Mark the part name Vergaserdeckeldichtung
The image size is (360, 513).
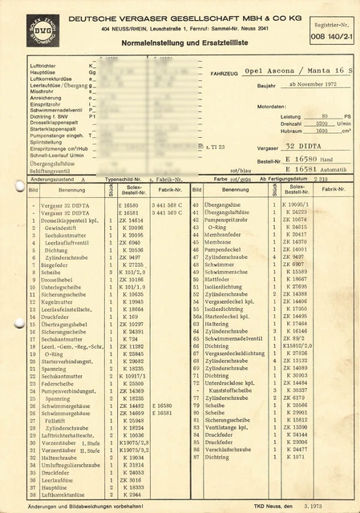point(235,353)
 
